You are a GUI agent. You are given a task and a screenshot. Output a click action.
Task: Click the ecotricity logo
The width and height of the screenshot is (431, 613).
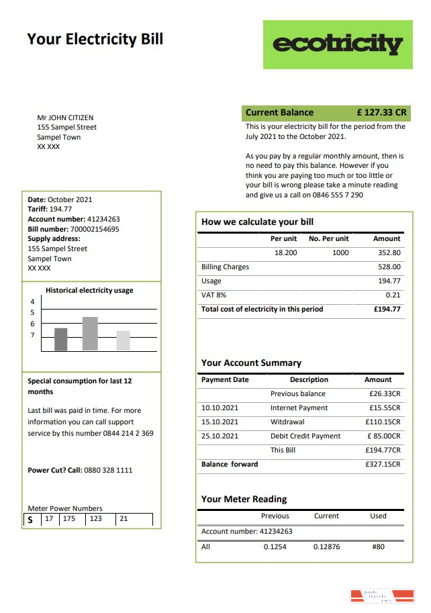[x=338, y=44]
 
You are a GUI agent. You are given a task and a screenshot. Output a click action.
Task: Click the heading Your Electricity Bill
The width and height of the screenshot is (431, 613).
[x=95, y=39]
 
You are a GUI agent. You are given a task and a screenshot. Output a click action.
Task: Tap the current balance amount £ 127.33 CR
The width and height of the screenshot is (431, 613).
[x=381, y=113]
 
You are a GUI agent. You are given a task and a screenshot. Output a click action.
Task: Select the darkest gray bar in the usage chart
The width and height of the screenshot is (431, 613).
[x=61, y=339]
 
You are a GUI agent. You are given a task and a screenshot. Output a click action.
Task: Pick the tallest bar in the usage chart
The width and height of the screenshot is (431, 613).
[x=90, y=333]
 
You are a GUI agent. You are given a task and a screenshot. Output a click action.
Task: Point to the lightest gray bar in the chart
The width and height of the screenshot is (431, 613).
[x=123, y=340]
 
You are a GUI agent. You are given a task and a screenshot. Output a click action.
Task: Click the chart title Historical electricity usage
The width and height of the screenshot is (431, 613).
[x=89, y=290]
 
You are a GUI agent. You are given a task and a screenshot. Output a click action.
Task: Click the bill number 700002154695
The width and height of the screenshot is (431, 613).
[x=95, y=229]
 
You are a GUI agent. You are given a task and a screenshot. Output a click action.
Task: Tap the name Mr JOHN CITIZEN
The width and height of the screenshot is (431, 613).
[x=65, y=117]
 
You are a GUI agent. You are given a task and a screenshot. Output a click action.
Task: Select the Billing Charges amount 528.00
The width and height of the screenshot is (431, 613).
[x=389, y=267]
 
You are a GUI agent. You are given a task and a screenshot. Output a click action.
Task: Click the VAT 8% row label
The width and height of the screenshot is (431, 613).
[x=214, y=295]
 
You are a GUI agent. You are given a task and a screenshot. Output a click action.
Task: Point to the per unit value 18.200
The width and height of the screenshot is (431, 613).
[x=285, y=253]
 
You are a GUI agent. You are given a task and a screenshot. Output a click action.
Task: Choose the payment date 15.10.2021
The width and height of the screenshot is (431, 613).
[x=220, y=422]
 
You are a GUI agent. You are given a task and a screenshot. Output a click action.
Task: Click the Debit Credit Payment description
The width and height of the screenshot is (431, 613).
[x=305, y=436]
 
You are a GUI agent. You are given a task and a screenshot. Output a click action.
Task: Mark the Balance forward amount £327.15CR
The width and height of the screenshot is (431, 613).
[x=383, y=465]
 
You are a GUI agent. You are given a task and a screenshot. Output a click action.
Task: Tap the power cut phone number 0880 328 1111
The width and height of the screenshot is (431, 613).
[x=108, y=471]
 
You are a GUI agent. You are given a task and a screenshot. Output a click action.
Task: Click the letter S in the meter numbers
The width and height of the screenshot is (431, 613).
[x=30, y=520]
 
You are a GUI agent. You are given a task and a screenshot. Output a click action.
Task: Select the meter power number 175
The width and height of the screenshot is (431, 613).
[x=68, y=519]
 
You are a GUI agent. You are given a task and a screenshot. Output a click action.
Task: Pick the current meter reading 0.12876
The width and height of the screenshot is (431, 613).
[x=326, y=547]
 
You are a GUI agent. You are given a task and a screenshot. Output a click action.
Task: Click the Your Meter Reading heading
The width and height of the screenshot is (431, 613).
[x=244, y=500]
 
